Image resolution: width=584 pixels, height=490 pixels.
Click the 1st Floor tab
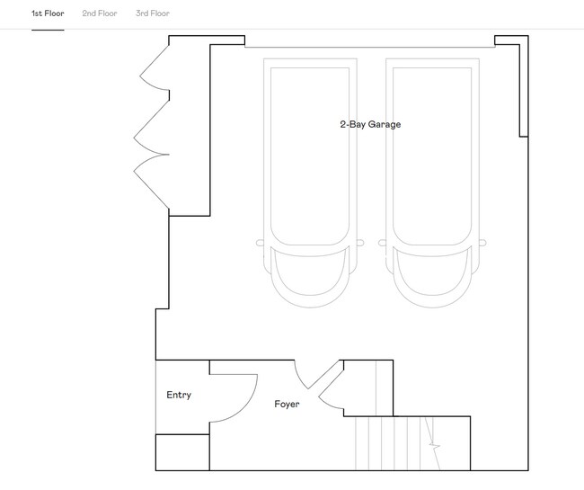pyautogui.click(x=48, y=13)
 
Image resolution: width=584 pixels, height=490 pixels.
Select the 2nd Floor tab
pyautogui.click(x=100, y=13)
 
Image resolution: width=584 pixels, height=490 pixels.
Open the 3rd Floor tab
pyautogui.click(x=153, y=13)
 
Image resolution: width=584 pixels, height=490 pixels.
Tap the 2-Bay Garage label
pyautogui.click(x=370, y=124)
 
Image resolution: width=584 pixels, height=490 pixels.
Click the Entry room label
pyautogui.click(x=179, y=395)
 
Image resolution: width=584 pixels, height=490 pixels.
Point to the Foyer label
pyautogui.click(x=287, y=404)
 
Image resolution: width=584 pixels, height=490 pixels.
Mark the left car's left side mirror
pyautogui.click(x=261, y=242)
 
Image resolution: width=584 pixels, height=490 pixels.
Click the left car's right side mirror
pyautogui.click(x=358, y=242)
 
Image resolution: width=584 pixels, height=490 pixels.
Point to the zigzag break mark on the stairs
pyautogui.click(x=434, y=444)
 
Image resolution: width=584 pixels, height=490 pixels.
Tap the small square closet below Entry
pyautogui.click(x=182, y=452)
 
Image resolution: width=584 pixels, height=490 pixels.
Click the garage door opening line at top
pyautogui.click(x=368, y=47)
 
